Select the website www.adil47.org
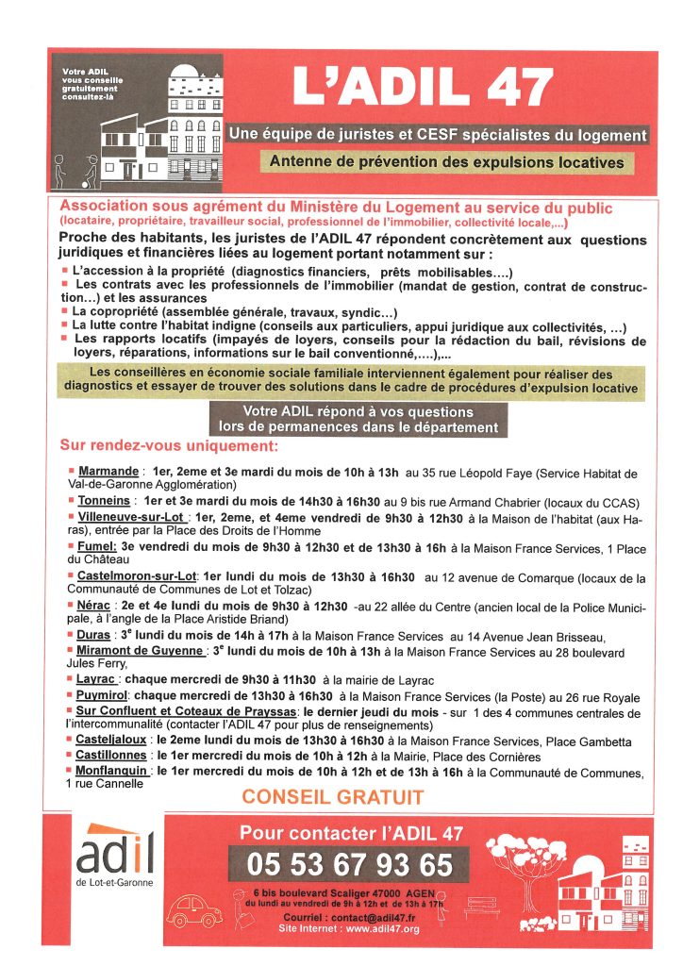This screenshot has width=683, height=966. (383, 929)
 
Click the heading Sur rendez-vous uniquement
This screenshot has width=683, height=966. (169, 445)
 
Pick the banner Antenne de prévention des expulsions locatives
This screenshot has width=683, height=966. (446, 162)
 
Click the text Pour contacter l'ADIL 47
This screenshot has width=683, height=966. (351, 832)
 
